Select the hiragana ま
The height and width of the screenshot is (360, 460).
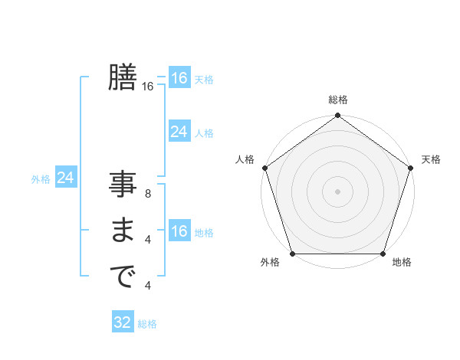[x=123, y=231]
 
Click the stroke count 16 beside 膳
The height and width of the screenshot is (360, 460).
[x=147, y=87]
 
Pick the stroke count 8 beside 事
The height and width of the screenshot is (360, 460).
[x=148, y=194]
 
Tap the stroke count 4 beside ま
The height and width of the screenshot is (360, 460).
[x=148, y=240]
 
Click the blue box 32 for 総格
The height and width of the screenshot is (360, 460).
[x=123, y=322]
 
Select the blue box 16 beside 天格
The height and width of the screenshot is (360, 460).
[x=179, y=78]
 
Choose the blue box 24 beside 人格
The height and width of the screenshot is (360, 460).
[x=179, y=132]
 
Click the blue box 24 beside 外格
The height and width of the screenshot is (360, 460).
[x=66, y=178]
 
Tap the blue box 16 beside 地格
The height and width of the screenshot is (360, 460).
[x=179, y=231]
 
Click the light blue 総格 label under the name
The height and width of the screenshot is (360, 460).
[x=147, y=324]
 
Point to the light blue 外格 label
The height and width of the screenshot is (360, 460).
[x=41, y=179]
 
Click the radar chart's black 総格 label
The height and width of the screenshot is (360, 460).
[x=338, y=100]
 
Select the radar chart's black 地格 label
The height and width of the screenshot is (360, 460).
[x=402, y=263]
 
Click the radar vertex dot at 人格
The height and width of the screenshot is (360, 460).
[x=264, y=168]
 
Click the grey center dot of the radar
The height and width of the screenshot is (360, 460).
[x=338, y=191]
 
